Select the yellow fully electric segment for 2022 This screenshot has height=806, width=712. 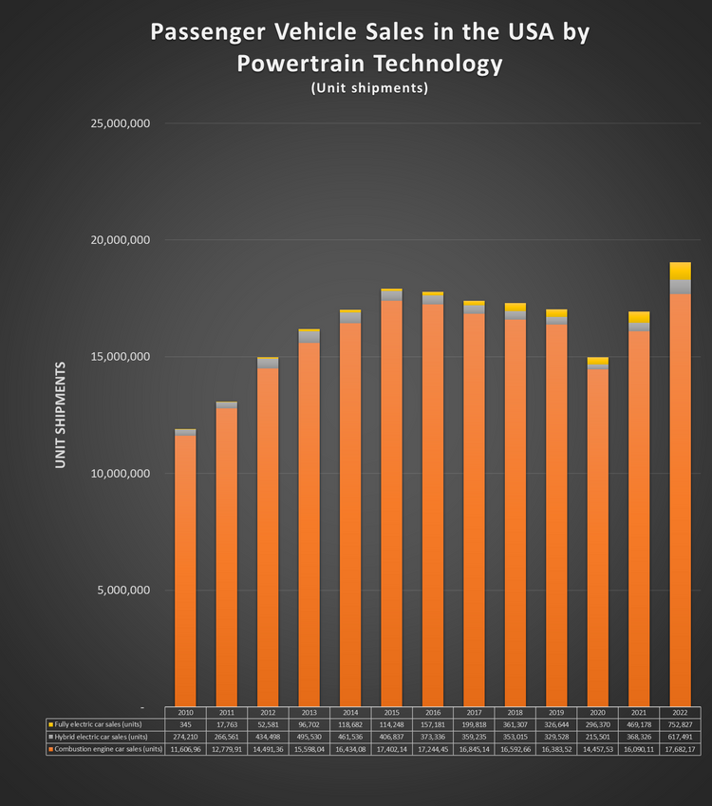coord(680,271)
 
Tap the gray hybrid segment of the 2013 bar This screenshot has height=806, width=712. coord(308,337)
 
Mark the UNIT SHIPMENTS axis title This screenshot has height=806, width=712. coord(61,414)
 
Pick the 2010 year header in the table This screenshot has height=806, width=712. coord(185,712)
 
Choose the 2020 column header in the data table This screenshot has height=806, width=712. coord(597,712)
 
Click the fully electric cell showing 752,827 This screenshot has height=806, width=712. coord(680,724)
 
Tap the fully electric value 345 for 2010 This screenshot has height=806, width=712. coord(185,724)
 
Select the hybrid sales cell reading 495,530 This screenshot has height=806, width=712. coord(309,737)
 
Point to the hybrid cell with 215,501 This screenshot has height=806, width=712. coord(597,737)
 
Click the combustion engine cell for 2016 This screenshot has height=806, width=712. coord(432,749)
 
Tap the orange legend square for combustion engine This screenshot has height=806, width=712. coord(49,749)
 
